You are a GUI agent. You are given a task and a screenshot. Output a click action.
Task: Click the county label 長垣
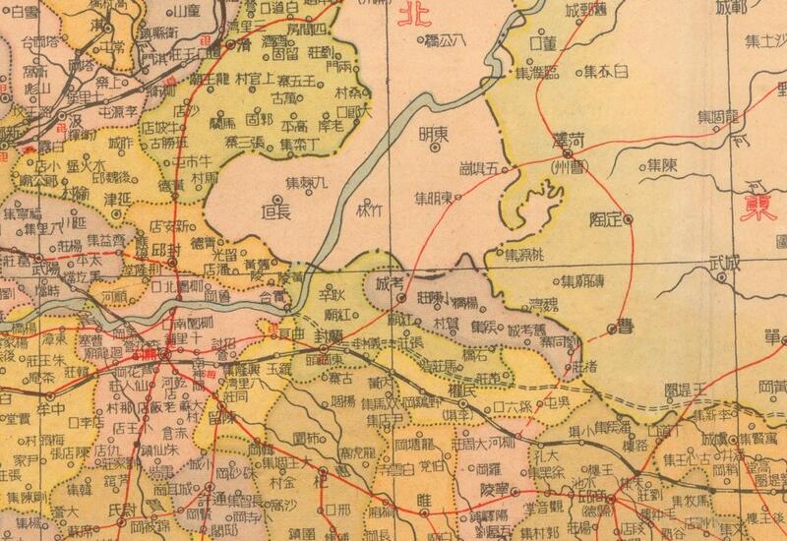(274, 208)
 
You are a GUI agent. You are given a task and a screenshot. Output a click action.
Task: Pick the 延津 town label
(116, 195)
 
